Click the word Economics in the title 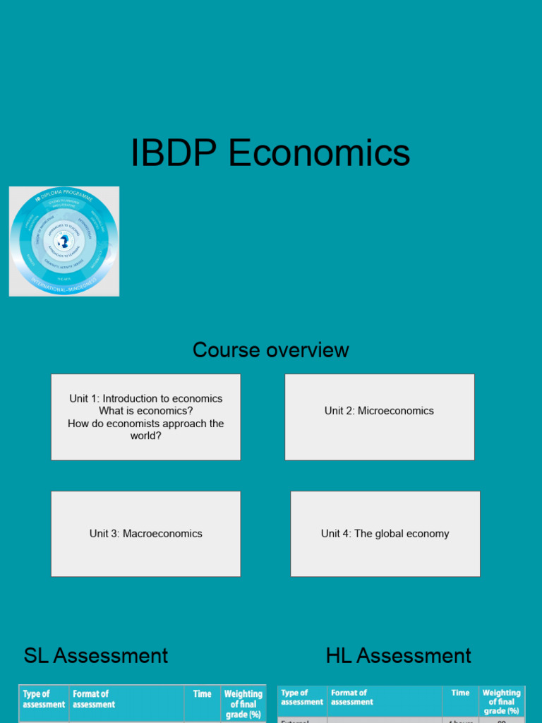click(319, 153)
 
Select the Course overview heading click(271, 350)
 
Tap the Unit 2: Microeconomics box click(379, 417)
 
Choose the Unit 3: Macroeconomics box click(145, 534)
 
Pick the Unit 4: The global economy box click(385, 534)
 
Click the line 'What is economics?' click(146, 411)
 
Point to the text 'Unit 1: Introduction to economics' click(146, 398)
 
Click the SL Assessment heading click(96, 655)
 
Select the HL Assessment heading click(398, 655)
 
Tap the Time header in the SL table click(203, 694)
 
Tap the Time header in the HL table click(461, 693)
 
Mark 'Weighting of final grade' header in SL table click(243, 704)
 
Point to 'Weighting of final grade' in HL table click(501, 702)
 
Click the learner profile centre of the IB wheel click(64, 241)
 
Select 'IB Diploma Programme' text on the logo click(65, 195)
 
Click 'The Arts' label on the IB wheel click(64, 278)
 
